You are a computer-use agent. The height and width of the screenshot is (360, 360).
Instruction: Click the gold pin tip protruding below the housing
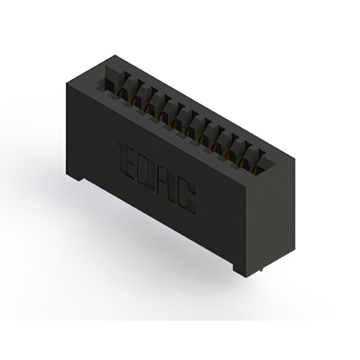[x=261, y=271]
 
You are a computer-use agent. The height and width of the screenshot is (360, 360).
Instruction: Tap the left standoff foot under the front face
[x=74, y=177]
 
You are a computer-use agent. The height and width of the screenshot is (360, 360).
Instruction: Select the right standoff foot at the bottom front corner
[x=240, y=272]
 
